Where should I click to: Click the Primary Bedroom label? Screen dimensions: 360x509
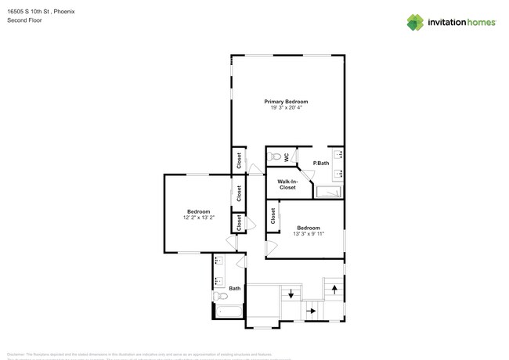point(286,102)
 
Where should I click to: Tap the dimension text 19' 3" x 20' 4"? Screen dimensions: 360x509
point(286,108)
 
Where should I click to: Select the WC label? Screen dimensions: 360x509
point(287,157)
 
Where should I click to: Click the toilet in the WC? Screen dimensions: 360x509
point(274,157)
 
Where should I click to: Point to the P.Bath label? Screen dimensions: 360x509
point(321,163)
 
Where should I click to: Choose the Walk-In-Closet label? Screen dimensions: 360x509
point(287,185)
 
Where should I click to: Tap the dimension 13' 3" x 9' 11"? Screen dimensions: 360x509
point(308,233)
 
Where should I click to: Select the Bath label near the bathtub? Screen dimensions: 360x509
point(235,289)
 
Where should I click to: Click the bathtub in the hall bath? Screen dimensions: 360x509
point(229,312)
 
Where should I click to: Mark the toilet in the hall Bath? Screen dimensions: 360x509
point(220,297)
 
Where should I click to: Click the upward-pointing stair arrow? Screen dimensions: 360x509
point(334,289)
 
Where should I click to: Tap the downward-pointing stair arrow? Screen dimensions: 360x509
point(291,294)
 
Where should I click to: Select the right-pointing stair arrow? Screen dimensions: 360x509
point(311,311)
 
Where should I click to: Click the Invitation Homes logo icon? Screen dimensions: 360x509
point(415,22)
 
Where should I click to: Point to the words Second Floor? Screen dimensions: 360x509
point(24,20)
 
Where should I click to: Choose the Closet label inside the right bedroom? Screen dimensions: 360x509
point(273,215)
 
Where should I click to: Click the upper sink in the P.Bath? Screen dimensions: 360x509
point(338,154)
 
